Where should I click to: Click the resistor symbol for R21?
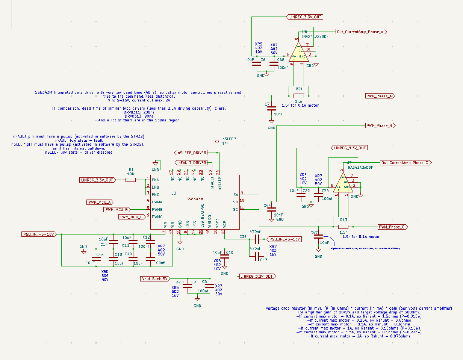click(299, 96)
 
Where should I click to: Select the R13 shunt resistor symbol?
click(343, 227)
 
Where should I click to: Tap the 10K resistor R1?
click(130, 180)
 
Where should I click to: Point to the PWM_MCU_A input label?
click(100, 202)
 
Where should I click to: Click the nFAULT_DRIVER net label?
click(191, 163)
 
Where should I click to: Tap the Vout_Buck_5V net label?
click(154, 279)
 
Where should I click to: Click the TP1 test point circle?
click(217, 142)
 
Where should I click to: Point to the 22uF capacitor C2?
click(187, 286)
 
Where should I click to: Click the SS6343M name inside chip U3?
click(195, 199)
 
